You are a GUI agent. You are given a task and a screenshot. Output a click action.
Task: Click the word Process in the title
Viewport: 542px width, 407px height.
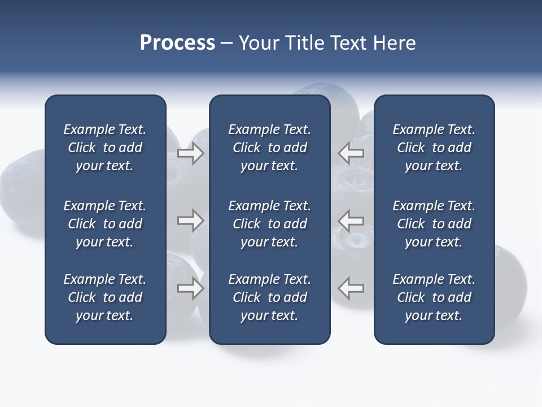(177, 43)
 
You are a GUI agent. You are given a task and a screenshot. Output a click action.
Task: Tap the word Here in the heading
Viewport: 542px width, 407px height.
(394, 43)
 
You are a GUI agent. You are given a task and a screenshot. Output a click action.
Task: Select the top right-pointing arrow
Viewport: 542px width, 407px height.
(191, 153)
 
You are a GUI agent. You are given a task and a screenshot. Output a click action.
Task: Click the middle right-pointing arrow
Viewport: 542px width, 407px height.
(191, 220)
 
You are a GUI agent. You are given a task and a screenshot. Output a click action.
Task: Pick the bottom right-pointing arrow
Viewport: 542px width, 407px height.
(191, 288)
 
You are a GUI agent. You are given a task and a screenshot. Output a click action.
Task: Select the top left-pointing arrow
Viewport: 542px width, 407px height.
(351, 153)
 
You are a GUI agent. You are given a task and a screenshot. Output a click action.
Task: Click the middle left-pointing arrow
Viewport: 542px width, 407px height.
(351, 220)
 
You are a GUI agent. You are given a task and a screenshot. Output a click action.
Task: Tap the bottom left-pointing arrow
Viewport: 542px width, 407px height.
(351, 288)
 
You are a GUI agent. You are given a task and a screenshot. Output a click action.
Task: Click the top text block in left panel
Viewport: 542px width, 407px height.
(105, 148)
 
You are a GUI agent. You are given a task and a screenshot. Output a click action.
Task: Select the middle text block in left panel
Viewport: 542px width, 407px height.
(105, 224)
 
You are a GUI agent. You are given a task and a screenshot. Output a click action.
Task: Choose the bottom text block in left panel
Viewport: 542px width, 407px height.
(105, 297)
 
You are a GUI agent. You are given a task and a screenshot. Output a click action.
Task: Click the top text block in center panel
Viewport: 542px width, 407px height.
(269, 148)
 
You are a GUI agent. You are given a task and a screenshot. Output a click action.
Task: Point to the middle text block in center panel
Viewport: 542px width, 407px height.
(269, 224)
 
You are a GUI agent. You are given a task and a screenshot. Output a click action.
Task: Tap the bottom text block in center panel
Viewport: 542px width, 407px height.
(269, 297)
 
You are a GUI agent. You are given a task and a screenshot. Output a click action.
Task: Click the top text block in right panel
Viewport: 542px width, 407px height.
(434, 148)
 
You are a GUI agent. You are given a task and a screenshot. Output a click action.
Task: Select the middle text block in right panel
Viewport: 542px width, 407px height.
(434, 224)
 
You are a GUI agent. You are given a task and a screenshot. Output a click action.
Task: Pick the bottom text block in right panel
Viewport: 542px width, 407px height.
(434, 297)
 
